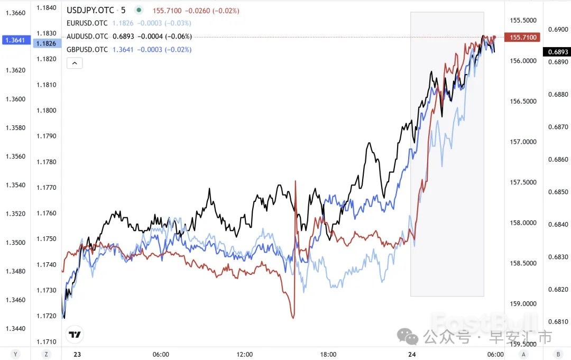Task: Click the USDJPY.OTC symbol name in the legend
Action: click(90, 10)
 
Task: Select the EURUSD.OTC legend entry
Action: click(87, 23)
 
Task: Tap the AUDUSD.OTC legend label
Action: click(87, 36)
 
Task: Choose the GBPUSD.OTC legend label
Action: click(87, 50)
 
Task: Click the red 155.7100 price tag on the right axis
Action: click(522, 37)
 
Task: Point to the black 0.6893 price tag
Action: click(558, 52)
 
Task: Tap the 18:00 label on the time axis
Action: click(328, 354)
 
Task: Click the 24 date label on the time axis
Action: click(411, 354)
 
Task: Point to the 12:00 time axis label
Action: click(245, 354)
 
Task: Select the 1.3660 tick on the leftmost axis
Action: click(15, 13)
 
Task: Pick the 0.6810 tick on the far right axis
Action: click(558, 321)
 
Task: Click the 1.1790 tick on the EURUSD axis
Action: click(45, 136)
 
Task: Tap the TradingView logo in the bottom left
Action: click(75, 334)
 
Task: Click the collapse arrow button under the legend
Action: click(75, 63)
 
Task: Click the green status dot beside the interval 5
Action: click(139, 10)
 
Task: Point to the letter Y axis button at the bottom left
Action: click(16, 354)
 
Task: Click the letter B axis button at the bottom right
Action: click(558, 354)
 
